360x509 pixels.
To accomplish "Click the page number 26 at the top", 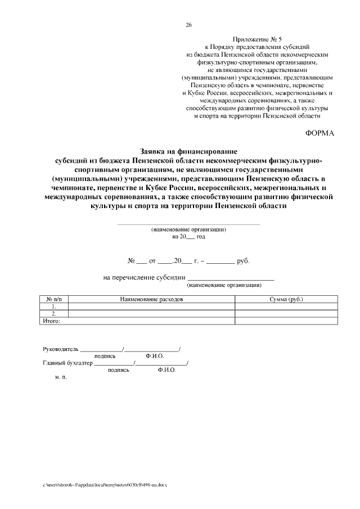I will (x=188, y=25).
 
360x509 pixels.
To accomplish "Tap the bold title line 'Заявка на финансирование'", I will (x=188, y=151).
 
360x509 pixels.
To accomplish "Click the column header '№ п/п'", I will (x=53, y=299).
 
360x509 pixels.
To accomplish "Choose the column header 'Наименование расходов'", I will (x=151, y=299).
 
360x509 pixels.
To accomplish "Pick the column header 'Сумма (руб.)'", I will (x=286, y=299).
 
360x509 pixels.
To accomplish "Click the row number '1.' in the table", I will (x=53, y=307).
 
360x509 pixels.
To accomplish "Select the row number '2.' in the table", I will (x=53, y=314).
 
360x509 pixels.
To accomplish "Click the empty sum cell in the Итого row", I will (x=286, y=321).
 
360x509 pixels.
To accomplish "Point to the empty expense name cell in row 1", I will (x=151, y=307).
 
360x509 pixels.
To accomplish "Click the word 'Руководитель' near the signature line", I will (x=61, y=349).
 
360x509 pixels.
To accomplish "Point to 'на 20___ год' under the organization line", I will (x=188, y=237).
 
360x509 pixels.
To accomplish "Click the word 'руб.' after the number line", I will (x=242, y=262).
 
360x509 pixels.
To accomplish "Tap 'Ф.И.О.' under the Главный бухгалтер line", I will (x=167, y=370).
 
